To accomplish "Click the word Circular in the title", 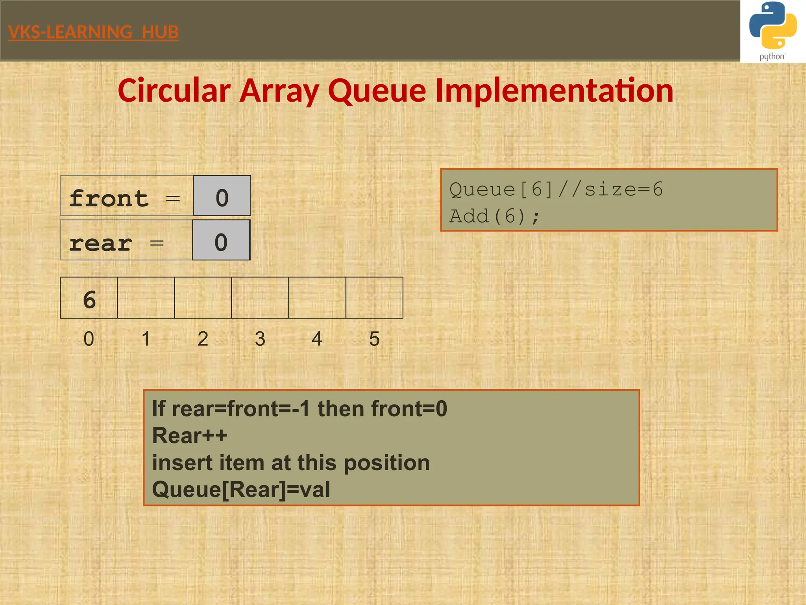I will [174, 91].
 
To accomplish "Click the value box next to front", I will [222, 196].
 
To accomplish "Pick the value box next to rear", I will [221, 240].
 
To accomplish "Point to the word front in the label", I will [109, 198].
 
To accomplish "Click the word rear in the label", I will [100, 243].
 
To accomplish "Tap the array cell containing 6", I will [89, 298].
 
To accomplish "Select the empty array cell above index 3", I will [260, 298].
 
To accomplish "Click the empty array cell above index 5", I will [374, 298].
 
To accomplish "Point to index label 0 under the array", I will [89, 339].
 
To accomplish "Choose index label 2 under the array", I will [203, 339].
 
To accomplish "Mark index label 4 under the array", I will [317, 339].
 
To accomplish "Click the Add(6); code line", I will [494, 216].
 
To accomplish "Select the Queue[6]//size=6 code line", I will [556, 189].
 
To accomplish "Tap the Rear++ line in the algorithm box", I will [190, 436].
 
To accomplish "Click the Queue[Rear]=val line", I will [241, 490].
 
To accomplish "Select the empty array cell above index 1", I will [146, 298].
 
